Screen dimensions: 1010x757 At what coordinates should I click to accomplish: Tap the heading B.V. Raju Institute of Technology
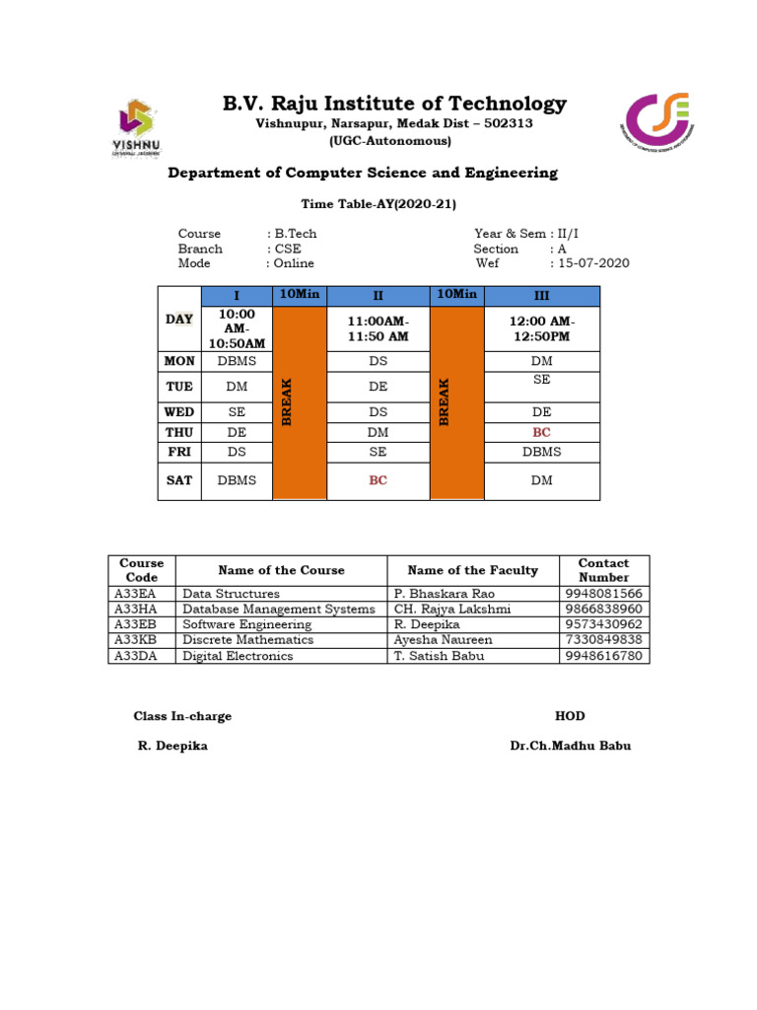[x=394, y=104]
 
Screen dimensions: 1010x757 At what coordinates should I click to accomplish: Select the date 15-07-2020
[x=593, y=263]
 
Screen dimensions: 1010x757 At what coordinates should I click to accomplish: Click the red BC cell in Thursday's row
[x=541, y=432]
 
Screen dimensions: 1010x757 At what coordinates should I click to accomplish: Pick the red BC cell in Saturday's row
[x=378, y=480]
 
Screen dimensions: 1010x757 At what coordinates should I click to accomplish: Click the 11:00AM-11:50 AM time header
[x=378, y=329]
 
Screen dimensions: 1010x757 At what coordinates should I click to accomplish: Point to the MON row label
[x=179, y=362]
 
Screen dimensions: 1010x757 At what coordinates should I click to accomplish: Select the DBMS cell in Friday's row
[x=541, y=452]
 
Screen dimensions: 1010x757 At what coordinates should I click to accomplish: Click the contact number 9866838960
[x=603, y=610]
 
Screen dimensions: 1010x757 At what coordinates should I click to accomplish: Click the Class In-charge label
[x=182, y=716]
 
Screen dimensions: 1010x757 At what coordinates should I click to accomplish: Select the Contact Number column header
[x=603, y=570]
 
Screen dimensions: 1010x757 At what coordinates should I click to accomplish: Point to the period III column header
[x=541, y=296]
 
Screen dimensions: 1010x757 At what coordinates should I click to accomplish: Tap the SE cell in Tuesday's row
[x=541, y=380]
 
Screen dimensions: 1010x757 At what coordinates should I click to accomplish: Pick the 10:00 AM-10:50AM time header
[x=237, y=328]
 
